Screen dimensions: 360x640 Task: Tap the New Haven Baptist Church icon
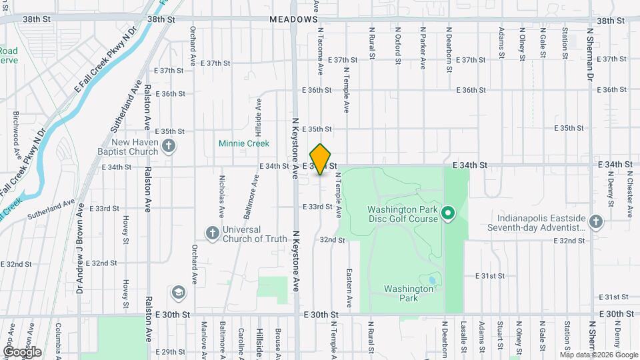[x=169, y=146]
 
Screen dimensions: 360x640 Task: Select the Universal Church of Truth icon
[x=212, y=233]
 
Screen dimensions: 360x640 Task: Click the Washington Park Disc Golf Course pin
[x=449, y=213]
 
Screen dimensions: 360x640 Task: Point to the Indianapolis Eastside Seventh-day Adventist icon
[x=595, y=221]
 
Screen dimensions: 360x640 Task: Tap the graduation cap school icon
[x=178, y=292]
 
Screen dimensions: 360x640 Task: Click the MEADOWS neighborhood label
[x=293, y=20]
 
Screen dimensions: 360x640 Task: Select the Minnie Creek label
[x=244, y=143]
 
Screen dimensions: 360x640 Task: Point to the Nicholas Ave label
[x=221, y=197]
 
